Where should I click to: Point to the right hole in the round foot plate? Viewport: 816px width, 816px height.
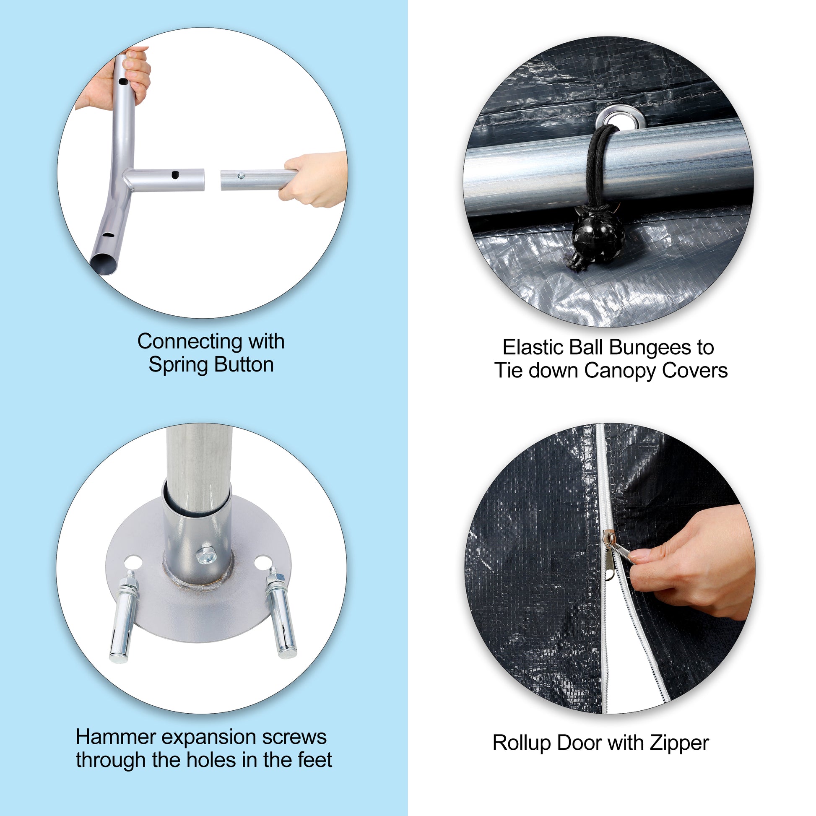(262, 562)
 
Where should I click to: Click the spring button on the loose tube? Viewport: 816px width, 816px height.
(241, 175)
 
